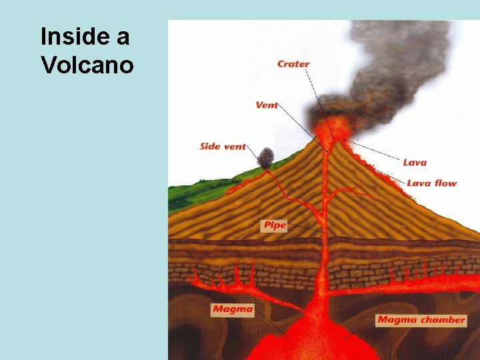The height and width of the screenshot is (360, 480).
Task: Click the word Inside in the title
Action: (71, 37)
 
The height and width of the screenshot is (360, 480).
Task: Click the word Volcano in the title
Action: (87, 65)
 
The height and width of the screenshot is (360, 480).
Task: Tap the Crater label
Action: (293, 65)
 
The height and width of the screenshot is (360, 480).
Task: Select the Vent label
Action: (267, 105)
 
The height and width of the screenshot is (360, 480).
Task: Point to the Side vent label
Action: (223, 146)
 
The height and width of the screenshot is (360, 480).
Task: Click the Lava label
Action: (415, 162)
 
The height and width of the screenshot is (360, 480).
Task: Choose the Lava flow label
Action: (431, 183)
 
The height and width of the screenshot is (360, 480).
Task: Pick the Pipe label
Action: (274, 225)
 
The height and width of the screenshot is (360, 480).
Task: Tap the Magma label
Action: (233, 309)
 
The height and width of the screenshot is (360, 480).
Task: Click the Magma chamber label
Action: (421, 319)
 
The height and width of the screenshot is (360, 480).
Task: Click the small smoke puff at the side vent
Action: (265, 157)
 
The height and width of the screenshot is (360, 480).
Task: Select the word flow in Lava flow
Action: (445, 183)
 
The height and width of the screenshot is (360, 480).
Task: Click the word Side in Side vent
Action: (210, 146)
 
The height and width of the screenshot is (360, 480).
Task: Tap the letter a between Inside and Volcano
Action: (122, 37)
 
